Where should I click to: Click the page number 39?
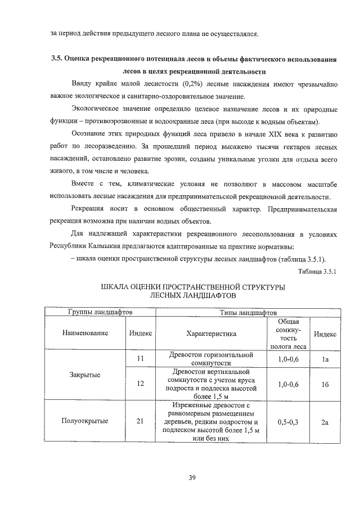[x=192, y=478]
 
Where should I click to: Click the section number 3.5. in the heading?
[x=57, y=58]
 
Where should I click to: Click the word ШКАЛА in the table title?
[x=118, y=287]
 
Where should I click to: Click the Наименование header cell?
[x=85, y=334]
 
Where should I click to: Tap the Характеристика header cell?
[x=211, y=334]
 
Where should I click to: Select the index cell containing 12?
[x=141, y=384]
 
